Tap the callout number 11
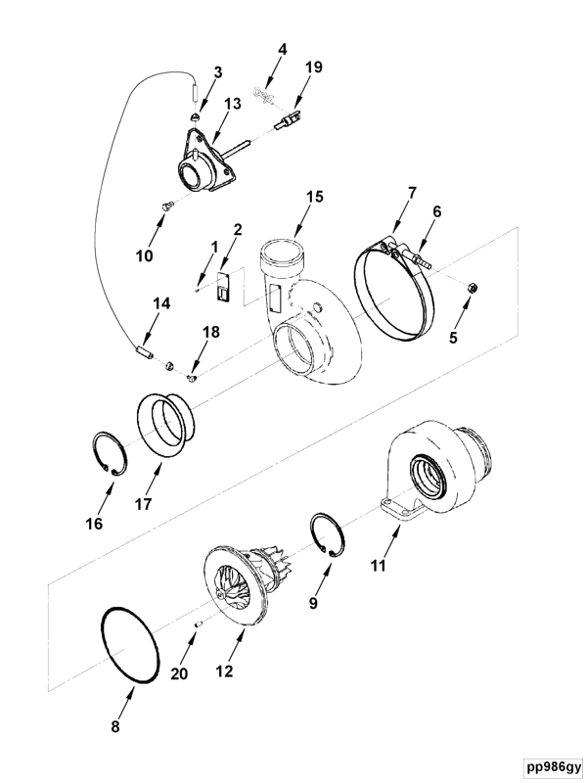pyautogui.click(x=377, y=565)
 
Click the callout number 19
pyautogui.click(x=312, y=68)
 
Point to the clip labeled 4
pyautogui.click(x=262, y=94)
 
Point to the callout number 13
pyautogui.click(x=233, y=105)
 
